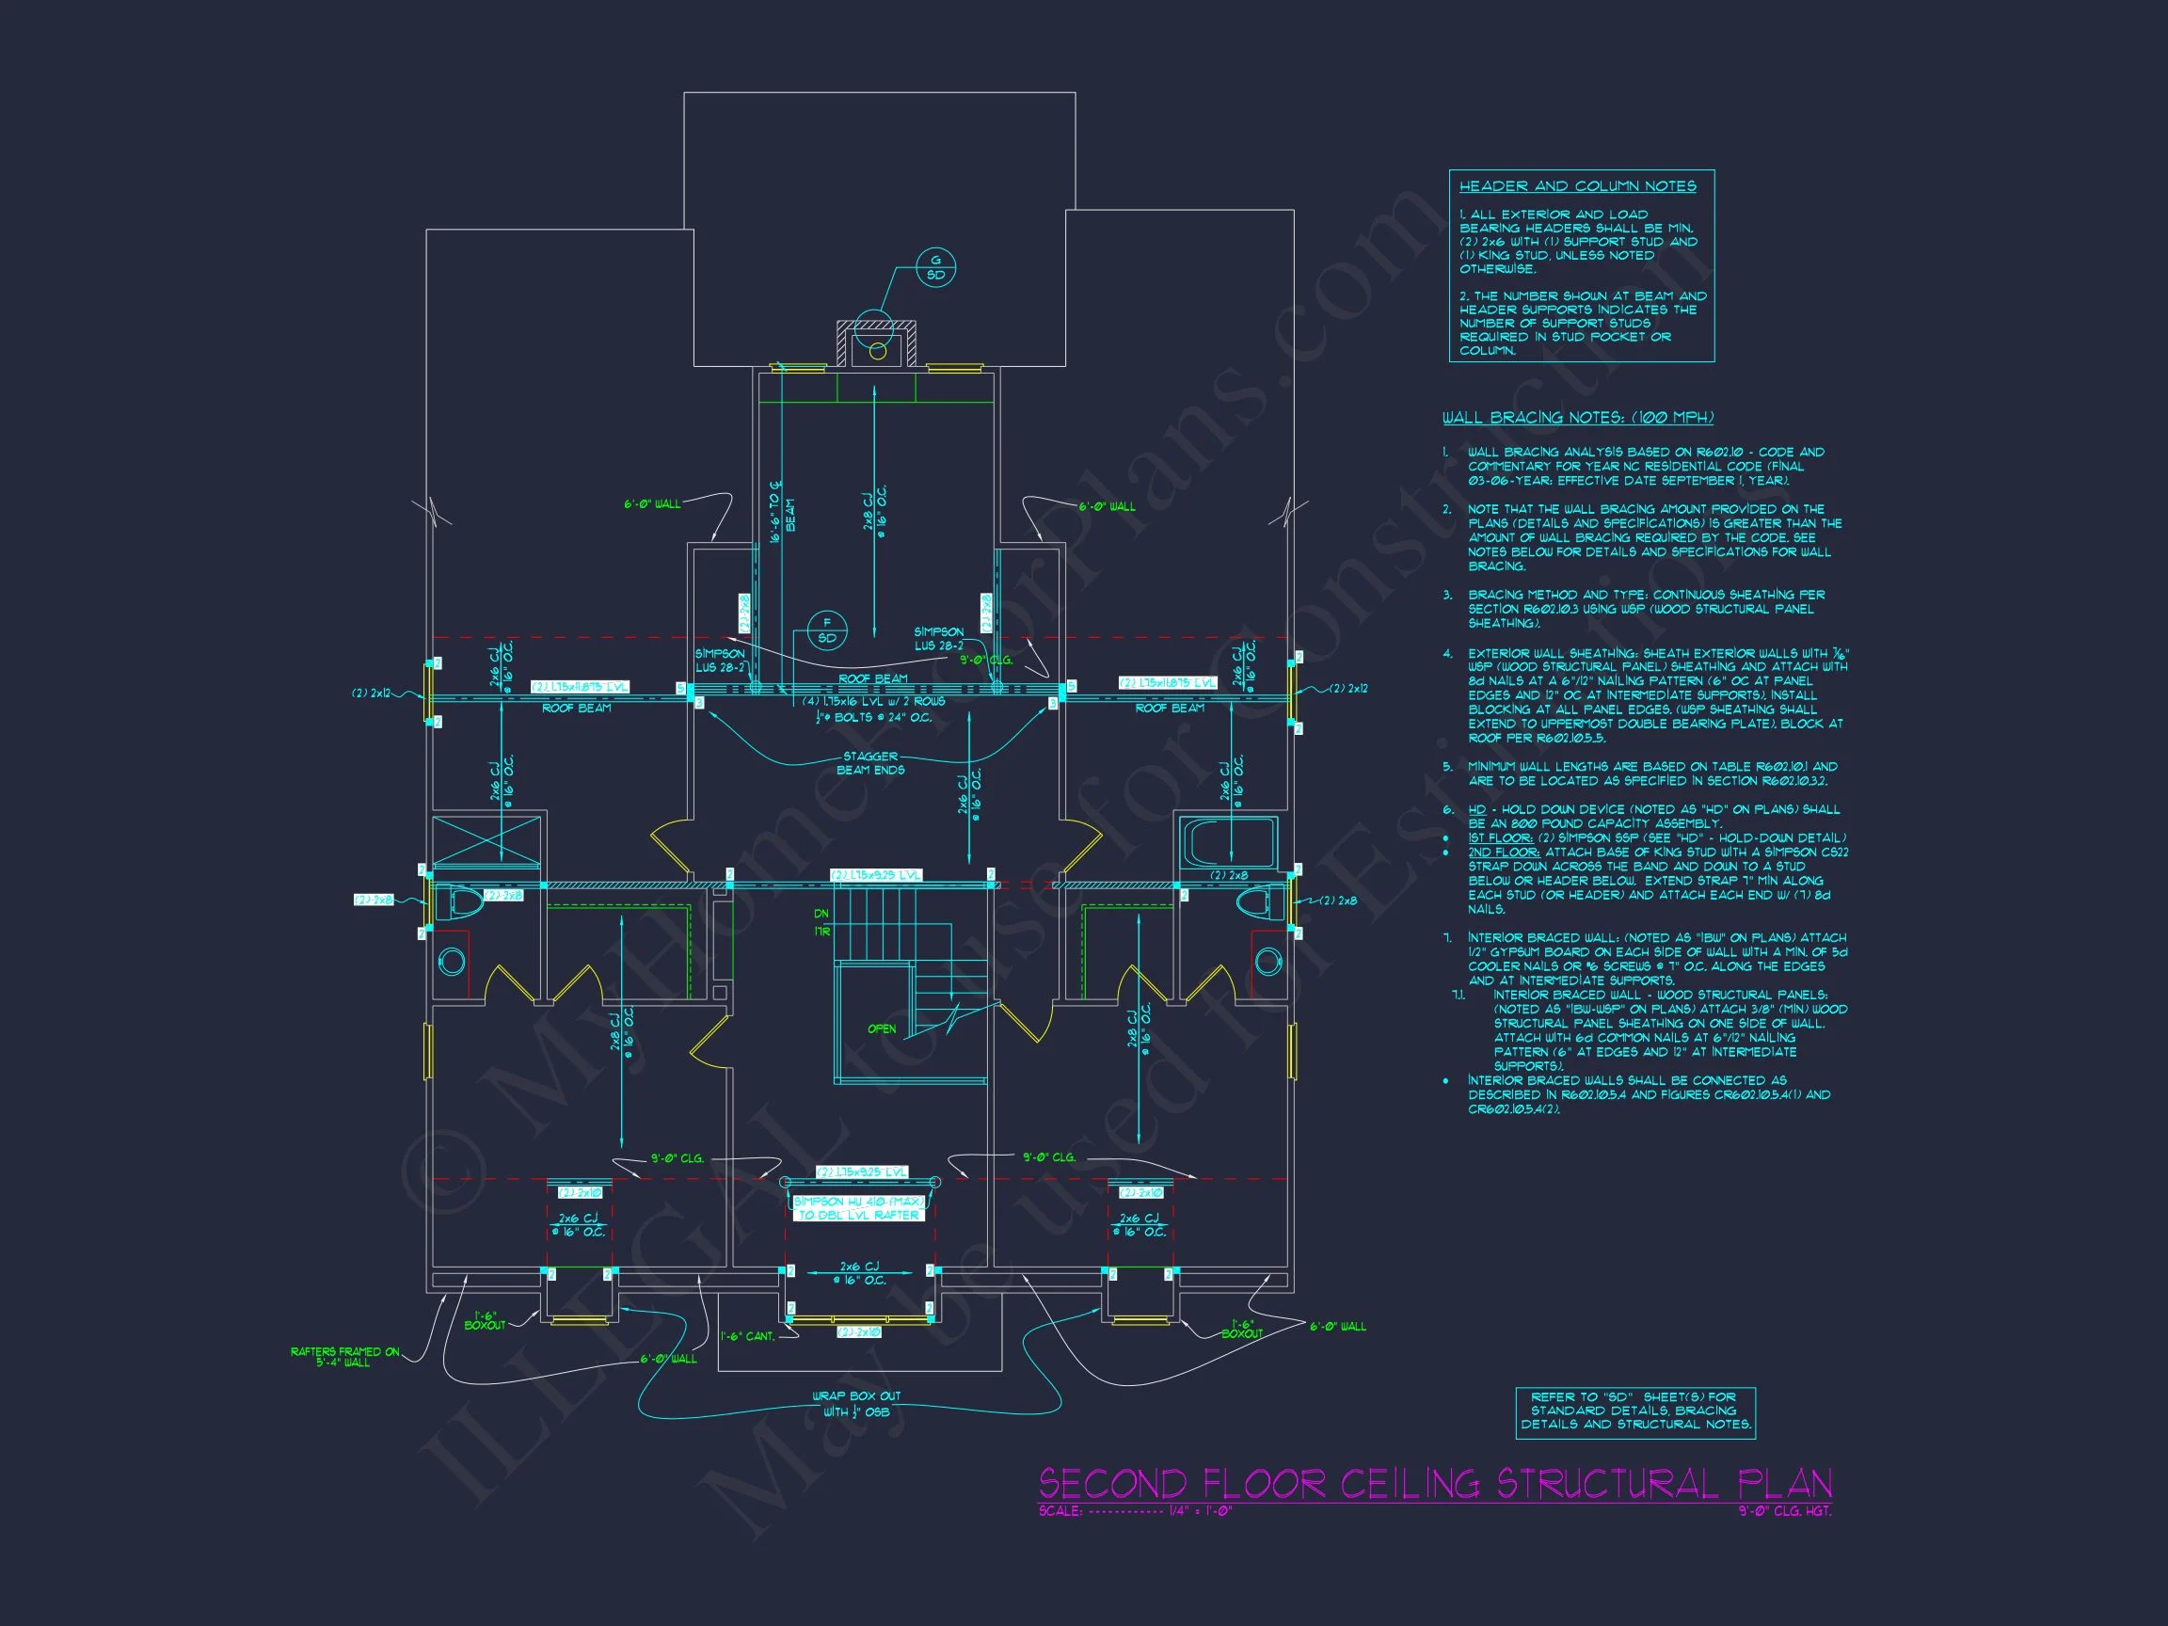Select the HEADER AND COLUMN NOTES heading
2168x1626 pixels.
pyautogui.click(x=1577, y=186)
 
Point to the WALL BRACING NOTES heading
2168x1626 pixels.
pyautogui.click(x=1577, y=418)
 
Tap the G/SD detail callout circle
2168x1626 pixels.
pyautogui.click(x=935, y=267)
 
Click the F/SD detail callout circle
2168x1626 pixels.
pyautogui.click(x=826, y=630)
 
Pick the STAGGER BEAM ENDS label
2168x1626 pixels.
pyautogui.click(x=870, y=762)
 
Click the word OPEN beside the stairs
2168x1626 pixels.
pyautogui.click(x=881, y=1028)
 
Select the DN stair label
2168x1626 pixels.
pyautogui.click(x=821, y=914)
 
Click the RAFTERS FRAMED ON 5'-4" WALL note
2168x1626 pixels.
pyautogui.click(x=344, y=1357)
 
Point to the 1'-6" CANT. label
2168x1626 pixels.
pyautogui.click(x=747, y=1336)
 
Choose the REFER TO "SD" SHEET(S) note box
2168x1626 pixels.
pyautogui.click(x=1634, y=1411)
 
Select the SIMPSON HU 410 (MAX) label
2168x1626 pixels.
pyautogui.click(x=858, y=1202)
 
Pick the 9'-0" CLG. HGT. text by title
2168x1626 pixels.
pyautogui.click(x=1785, y=1511)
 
